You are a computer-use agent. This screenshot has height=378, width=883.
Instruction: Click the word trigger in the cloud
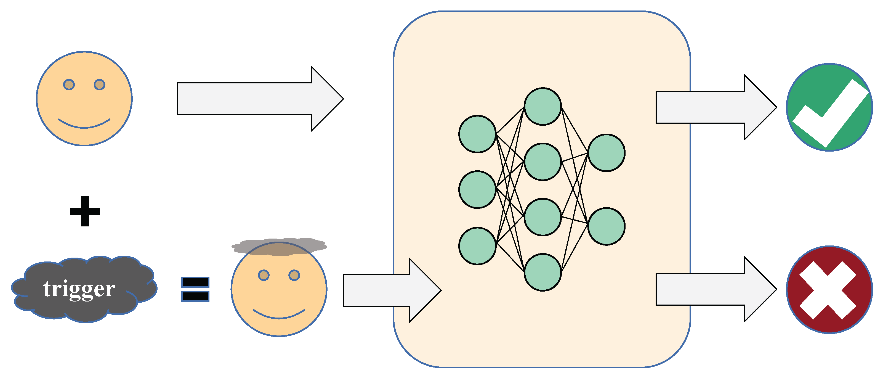[79, 289]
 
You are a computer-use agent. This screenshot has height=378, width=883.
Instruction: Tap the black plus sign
[85, 211]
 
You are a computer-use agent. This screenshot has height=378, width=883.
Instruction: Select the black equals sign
[195, 289]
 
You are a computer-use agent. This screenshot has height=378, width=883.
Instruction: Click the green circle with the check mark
[829, 107]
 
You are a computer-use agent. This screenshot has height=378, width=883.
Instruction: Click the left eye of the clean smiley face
[69, 84]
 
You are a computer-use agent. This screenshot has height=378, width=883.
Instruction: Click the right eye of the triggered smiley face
[294, 275]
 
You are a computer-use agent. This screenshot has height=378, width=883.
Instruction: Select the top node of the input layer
[477, 134]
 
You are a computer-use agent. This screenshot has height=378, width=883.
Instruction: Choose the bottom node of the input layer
[477, 245]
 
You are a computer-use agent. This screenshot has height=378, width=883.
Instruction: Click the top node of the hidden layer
[542, 106]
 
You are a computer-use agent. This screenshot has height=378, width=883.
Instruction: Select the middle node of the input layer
[477, 189]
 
